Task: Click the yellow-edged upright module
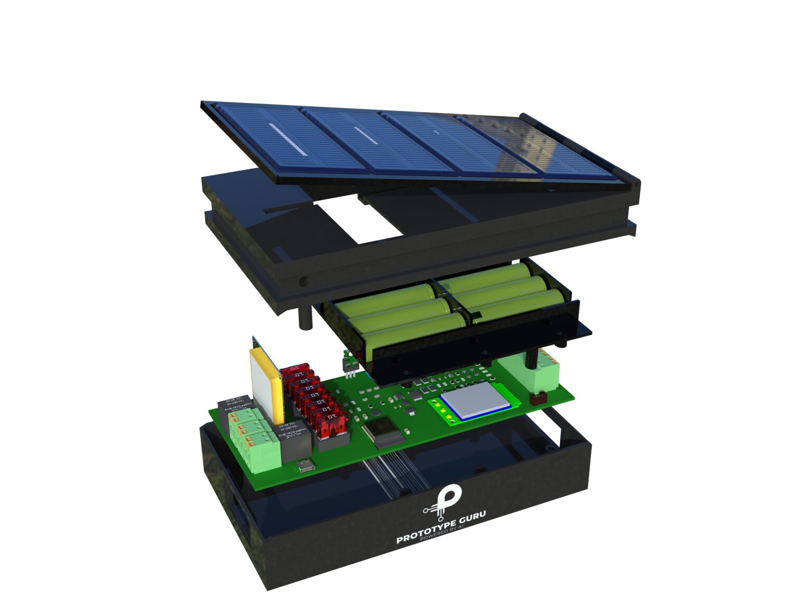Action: (266, 380)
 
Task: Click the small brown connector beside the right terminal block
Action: (539, 398)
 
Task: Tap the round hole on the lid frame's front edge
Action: (303, 281)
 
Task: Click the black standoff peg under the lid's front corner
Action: (305, 317)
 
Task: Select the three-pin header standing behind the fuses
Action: (349, 365)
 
